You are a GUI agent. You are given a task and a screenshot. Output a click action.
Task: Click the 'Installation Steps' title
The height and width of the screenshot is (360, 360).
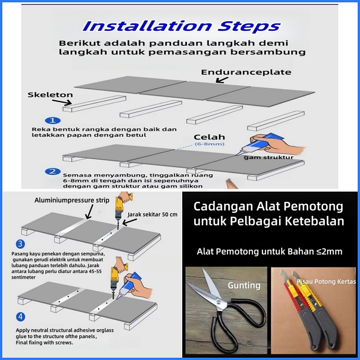181,26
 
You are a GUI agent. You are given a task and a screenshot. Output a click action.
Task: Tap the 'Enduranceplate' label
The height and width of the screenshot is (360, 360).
246,72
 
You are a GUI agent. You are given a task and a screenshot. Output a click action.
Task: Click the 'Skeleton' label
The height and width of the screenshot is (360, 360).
50,94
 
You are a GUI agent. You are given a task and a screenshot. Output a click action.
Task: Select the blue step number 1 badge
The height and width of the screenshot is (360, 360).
52,120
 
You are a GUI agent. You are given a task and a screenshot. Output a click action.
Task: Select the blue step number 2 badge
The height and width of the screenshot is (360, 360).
53,171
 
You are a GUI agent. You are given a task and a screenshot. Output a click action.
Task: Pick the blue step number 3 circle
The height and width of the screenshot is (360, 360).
20,244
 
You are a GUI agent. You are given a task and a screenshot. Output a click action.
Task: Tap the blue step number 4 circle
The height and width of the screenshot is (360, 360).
20,317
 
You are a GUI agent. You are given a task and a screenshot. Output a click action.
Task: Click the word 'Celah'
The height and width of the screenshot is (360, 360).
209,137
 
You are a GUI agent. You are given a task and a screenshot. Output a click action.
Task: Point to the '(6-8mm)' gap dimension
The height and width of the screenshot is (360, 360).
209,144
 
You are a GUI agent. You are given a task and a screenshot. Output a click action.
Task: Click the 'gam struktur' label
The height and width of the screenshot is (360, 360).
268,157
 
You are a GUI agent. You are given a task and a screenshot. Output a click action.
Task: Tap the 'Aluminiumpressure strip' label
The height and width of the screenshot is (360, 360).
72,200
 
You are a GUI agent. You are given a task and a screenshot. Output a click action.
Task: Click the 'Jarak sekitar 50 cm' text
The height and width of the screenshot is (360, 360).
153,214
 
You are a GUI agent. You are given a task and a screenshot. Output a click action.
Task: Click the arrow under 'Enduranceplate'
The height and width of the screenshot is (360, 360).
222,80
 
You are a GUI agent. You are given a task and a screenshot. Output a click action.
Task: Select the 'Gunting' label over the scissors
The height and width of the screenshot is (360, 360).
244,286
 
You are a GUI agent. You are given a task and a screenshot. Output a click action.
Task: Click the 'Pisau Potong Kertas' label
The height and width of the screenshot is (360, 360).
326,282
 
